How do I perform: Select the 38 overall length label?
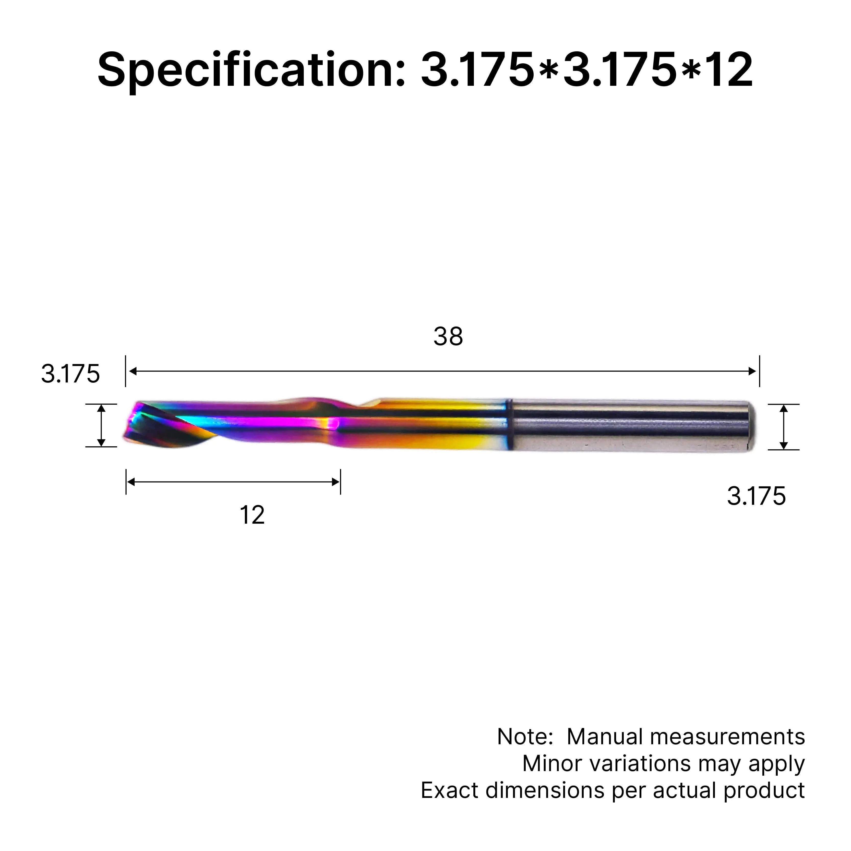pyautogui.click(x=448, y=337)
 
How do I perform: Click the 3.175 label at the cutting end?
pyautogui.click(x=70, y=374)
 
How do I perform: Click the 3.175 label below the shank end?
pyautogui.click(x=756, y=496)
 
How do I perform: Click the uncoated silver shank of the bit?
pyautogui.click(x=630, y=425)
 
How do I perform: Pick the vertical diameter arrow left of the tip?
pyautogui.click(x=101, y=425)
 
